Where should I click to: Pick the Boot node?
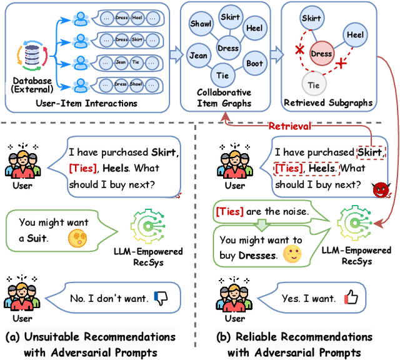254,62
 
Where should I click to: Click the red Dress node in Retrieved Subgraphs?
321,54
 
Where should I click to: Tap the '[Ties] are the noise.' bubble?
262,212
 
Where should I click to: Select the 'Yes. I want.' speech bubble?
312,298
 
